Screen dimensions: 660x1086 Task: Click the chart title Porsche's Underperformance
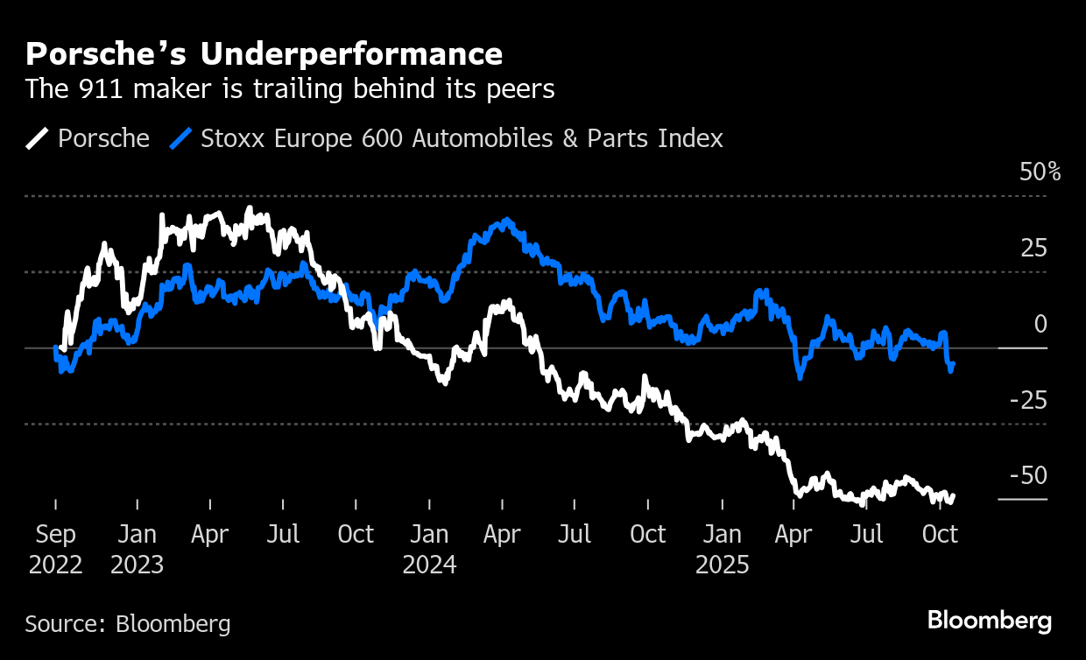click(x=264, y=54)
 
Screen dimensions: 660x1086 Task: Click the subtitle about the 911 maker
click(x=290, y=89)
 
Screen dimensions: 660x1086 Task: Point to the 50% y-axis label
click(x=1040, y=172)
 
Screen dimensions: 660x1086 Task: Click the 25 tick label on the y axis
click(x=1033, y=249)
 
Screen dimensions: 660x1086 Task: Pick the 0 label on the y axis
click(x=1040, y=325)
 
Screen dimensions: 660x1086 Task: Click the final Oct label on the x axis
click(x=941, y=534)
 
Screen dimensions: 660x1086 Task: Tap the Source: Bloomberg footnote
click(x=128, y=624)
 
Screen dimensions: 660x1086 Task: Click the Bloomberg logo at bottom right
click(x=990, y=621)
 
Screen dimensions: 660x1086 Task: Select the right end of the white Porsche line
click(x=953, y=495)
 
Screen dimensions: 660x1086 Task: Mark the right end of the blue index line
click(x=953, y=363)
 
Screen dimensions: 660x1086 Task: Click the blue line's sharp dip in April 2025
click(x=800, y=376)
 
